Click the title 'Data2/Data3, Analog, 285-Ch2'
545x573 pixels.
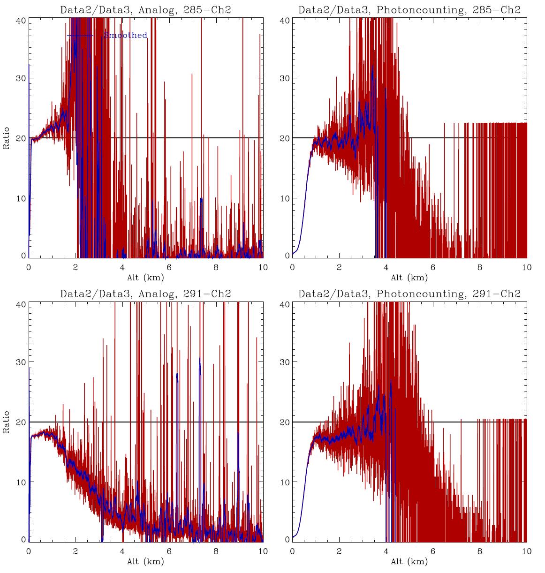tap(145, 10)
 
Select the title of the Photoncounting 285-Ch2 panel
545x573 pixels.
tap(409, 10)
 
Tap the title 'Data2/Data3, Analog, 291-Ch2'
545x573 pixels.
tap(145, 294)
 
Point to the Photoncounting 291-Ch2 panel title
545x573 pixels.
tap(409, 294)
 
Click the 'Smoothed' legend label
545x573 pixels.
tap(125, 36)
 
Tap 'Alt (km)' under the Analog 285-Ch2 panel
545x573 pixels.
tap(145, 278)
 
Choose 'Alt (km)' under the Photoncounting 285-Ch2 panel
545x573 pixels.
tap(409, 278)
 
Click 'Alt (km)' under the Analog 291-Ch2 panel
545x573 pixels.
tap(145, 561)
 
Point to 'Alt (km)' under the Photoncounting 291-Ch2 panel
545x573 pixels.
tap(409, 561)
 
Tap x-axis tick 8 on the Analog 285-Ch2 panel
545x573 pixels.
tap(216, 268)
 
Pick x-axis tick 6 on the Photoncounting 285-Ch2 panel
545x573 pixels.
tap(433, 268)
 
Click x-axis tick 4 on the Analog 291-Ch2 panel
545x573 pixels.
tap(122, 551)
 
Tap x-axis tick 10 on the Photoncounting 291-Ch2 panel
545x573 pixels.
tap(526, 551)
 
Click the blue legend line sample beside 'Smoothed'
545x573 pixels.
tap(80, 36)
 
